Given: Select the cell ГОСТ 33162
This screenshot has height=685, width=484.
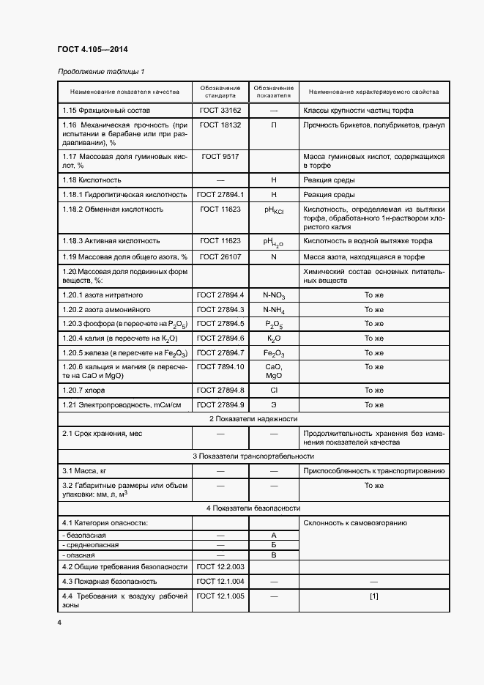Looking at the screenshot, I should [x=220, y=110].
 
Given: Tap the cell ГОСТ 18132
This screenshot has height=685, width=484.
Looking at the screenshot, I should [x=220, y=125].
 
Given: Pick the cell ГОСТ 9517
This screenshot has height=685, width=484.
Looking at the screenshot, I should [x=220, y=157].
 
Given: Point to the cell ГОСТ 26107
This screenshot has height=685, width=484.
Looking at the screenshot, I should [x=220, y=256].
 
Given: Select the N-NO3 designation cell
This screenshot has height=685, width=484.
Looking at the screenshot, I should [x=274, y=295].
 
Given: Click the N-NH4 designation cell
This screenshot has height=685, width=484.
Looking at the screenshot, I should [x=274, y=310].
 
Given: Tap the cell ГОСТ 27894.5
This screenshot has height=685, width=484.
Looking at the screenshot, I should [x=220, y=324].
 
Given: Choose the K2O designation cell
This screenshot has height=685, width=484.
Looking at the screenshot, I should [x=274, y=338].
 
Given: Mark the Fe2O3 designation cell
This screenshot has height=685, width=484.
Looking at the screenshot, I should [x=274, y=353].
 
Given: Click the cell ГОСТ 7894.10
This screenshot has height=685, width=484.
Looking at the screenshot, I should [x=220, y=366].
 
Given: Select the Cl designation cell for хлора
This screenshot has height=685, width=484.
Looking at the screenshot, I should [x=274, y=390].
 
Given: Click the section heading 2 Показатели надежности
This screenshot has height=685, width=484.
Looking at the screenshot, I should [x=253, y=418].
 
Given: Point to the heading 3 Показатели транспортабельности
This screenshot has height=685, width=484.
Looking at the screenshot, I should [x=253, y=456].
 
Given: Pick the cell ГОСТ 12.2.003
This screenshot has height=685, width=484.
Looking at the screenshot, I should [x=220, y=566].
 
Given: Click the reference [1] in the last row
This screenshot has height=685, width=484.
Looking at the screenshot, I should [x=373, y=596].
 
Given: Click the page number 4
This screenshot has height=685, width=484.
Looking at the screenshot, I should [x=59, y=623].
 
